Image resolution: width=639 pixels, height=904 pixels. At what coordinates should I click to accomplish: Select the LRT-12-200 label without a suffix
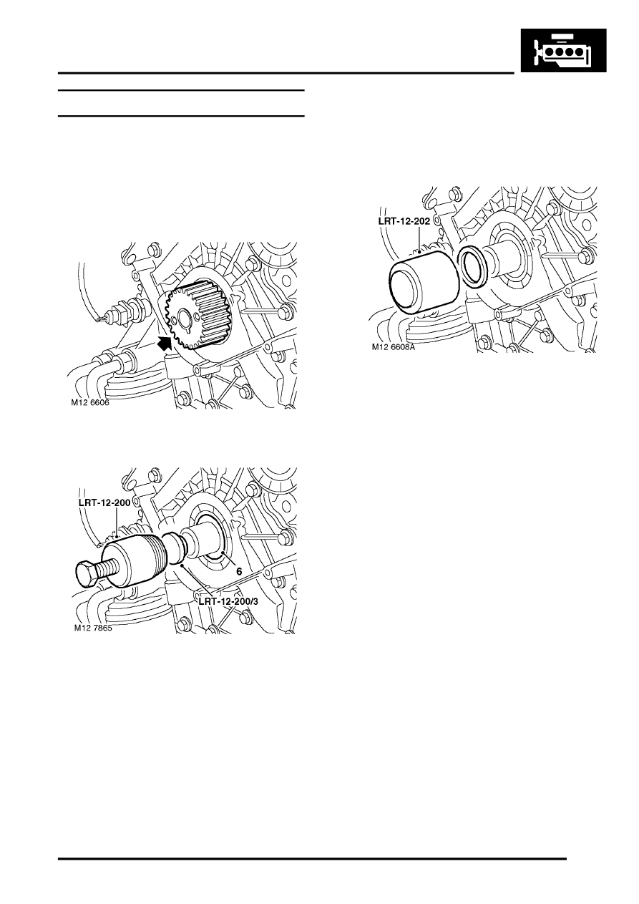(104, 503)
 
